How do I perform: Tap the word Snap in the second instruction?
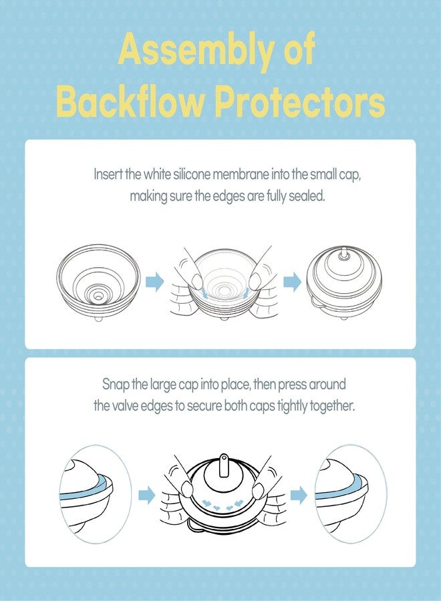116,385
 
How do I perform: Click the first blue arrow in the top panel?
154,282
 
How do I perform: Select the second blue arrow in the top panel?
292,282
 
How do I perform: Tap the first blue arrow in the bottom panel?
146,495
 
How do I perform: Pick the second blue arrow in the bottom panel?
299,495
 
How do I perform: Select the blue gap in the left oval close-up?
87,488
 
